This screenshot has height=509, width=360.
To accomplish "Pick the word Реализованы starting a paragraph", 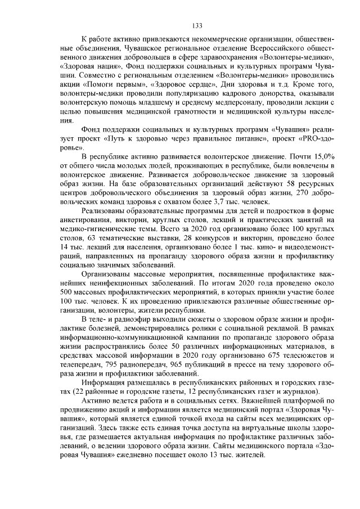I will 104,210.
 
